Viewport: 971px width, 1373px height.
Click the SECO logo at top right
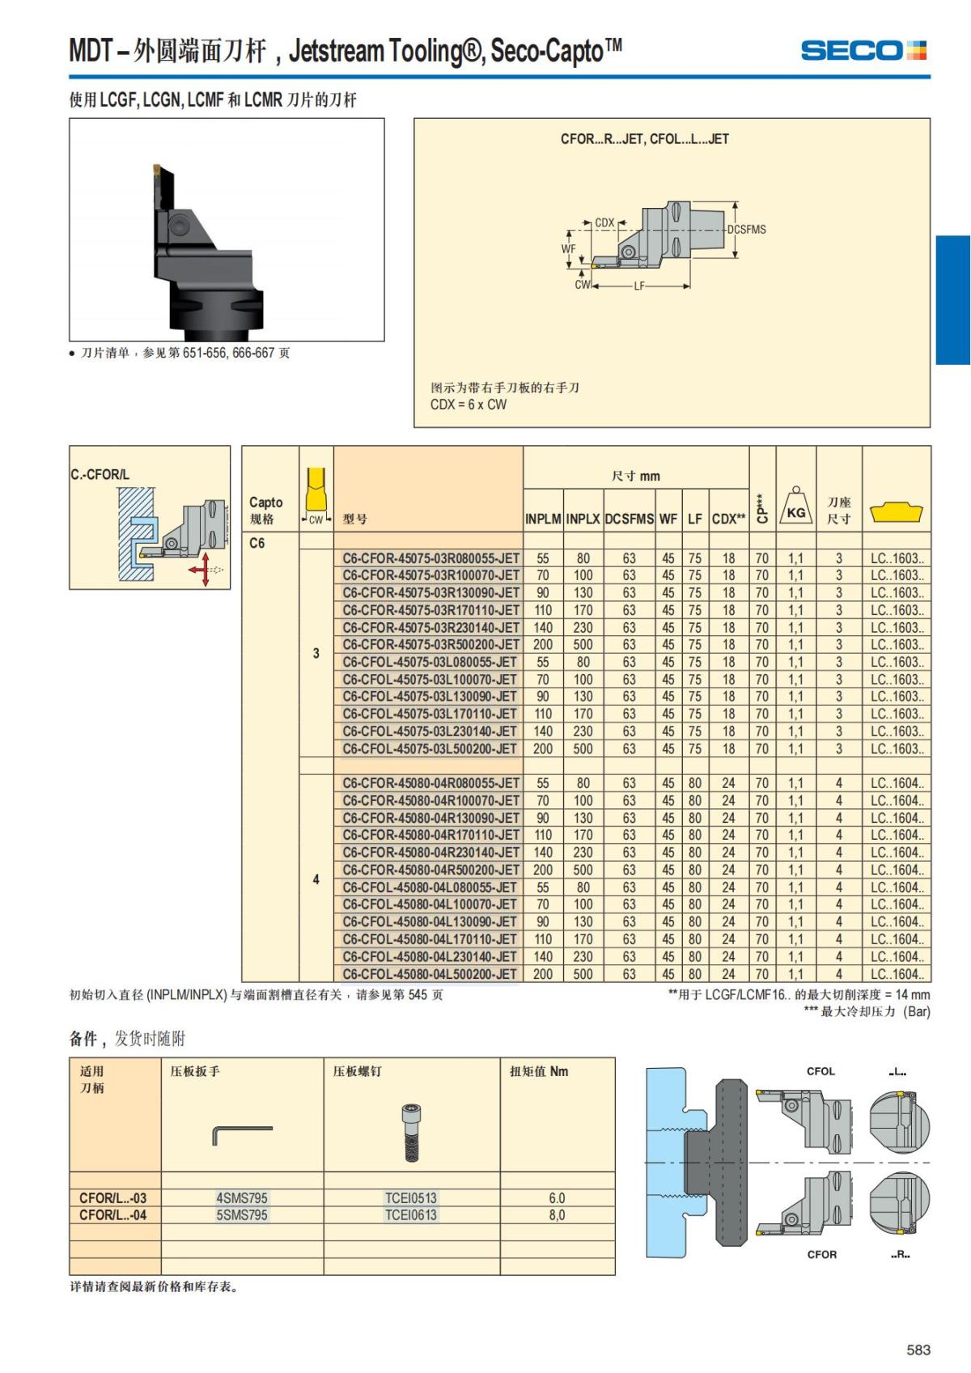point(863,50)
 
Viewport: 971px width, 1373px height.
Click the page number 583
point(918,1350)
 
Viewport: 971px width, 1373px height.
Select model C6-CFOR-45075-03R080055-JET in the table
point(430,558)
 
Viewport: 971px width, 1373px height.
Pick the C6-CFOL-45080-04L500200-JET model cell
point(430,974)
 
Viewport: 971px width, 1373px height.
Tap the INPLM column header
point(543,519)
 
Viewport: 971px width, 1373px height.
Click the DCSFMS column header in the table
point(629,519)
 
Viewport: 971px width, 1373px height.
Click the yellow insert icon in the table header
point(896,512)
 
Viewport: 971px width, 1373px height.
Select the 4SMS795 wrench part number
point(241,1198)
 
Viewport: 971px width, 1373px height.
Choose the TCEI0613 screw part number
point(410,1215)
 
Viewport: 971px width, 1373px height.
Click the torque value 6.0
point(557,1198)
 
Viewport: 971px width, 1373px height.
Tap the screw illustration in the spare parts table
point(410,1133)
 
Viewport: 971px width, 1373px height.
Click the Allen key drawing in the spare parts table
point(241,1133)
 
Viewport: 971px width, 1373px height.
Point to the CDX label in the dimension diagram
point(604,222)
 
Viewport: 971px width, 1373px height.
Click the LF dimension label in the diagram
point(639,286)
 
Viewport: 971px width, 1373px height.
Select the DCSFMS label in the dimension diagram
point(746,230)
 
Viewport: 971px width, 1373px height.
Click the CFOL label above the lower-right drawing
point(820,1071)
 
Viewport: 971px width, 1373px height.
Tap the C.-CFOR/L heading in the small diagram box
point(100,474)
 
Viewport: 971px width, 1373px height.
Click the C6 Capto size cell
point(257,543)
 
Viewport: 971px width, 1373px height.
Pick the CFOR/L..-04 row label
point(113,1215)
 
